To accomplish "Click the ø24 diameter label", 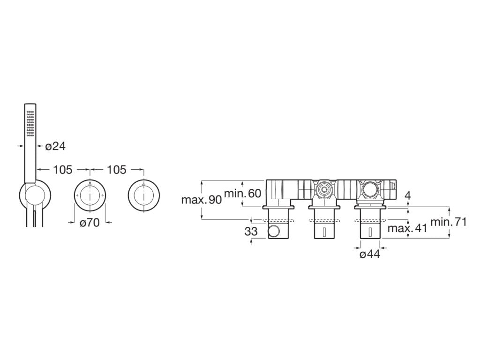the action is click(x=55, y=146).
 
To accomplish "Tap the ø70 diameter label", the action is click(x=90, y=223).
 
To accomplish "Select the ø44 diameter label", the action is click(x=370, y=254).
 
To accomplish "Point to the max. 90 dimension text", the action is click(x=202, y=200).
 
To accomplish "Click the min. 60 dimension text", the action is click(x=243, y=193).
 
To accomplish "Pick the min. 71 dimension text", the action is click(x=449, y=222).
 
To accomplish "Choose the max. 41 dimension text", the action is click(x=407, y=228).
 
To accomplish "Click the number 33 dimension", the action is click(x=251, y=232).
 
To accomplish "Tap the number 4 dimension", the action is click(x=407, y=195).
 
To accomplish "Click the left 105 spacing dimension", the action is click(x=63, y=169).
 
